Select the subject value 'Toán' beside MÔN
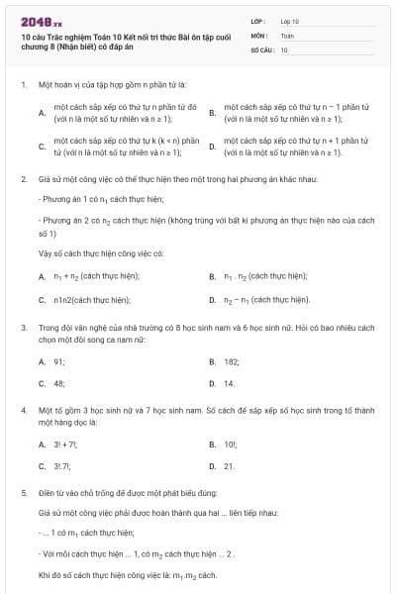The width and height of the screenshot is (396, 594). point(287,35)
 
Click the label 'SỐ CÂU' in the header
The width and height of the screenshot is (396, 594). point(260,49)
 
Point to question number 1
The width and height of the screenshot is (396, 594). point(23,84)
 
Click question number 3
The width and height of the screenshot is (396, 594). point(23,326)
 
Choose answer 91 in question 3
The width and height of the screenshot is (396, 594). point(59,362)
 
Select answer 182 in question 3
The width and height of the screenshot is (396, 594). point(232,362)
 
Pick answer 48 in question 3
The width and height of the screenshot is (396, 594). point(59,383)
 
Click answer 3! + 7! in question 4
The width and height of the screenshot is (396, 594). point(65,445)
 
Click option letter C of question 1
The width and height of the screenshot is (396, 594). point(42,148)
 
